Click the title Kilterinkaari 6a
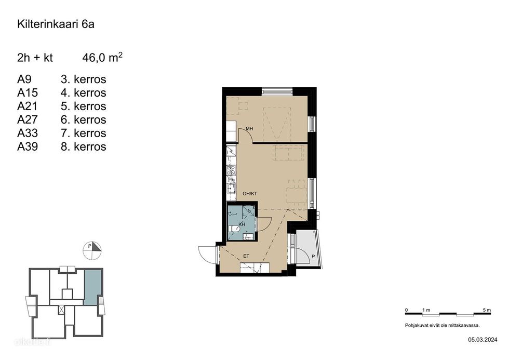(x=56, y=24)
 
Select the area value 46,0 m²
(x=102, y=58)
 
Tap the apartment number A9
(x=24, y=79)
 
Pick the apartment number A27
(x=28, y=119)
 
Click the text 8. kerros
(x=84, y=146)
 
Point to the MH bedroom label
(x=249, y=129)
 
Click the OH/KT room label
(x=250, y=193)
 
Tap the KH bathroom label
(x=242, y=224)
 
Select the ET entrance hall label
(x=246, y=256)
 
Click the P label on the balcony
(x=313, y=257)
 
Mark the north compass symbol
(x=92, y=250)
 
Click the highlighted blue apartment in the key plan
(x=92, y=287)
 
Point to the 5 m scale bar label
(x=487, y=310)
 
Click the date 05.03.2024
(x=483, y=340)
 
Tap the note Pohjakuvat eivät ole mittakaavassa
(x=442, y=325)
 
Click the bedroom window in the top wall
(x=277, y=91)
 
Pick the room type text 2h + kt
(x=35, y=58)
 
